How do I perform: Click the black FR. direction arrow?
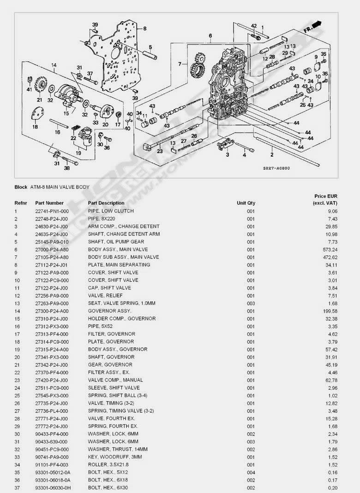[317, 24]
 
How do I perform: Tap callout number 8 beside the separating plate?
[145, 29]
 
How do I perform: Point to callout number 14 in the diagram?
[54, 65]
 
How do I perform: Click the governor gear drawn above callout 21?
[40, 85]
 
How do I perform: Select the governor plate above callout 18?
[38, 114]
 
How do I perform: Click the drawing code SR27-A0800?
[276, 168]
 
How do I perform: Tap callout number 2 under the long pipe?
[272, 154]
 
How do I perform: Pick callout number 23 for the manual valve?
[160, 151]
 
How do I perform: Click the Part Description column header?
[106, 203]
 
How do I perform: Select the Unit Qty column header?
[246, 203]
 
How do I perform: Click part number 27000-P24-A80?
[52, 249]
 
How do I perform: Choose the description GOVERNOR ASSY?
[109, 311]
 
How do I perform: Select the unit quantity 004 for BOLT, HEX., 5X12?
[251, 473]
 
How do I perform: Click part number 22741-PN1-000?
[52, 211]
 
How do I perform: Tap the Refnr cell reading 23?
[18, 380]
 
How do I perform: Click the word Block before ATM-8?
[21, 187]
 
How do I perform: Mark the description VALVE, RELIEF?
[105, 296]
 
